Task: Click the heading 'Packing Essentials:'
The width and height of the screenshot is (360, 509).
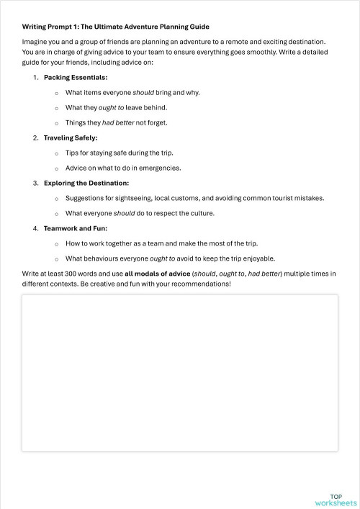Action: [x=76, y=77]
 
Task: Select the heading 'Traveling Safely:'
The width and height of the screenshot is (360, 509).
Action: [x=71, y=138]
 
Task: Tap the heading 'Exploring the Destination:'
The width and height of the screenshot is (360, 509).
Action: [x=86, y=183]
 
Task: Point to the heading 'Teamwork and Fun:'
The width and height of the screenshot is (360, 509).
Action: [x=72, y=228]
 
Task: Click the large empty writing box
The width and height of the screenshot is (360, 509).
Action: [x=180, y=373]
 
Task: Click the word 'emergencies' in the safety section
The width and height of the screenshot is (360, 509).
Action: [x=160, y=168]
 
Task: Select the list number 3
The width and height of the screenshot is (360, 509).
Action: [x=35, y=183]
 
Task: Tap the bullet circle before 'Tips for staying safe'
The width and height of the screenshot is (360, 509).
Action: [x=56, y=153]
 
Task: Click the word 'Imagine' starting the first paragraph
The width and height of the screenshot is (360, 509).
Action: [x=35, y=42]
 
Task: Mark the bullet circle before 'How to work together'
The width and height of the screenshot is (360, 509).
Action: [x=56, y=243]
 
